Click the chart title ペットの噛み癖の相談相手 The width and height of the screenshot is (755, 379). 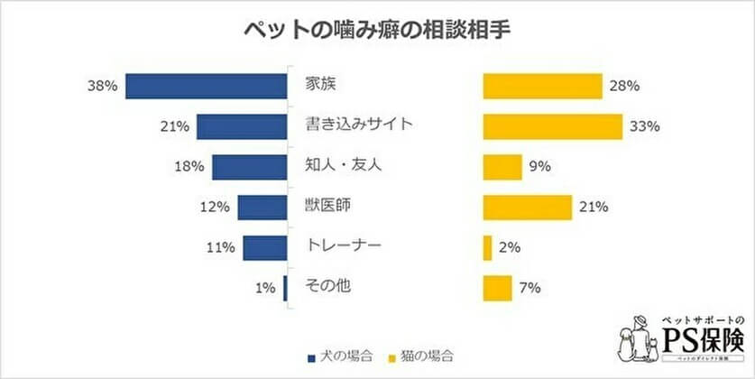[377, 29]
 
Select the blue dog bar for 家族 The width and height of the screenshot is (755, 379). [206, 87]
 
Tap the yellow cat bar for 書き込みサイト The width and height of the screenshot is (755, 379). [552, 127]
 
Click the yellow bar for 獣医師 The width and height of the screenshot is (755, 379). [527, 208]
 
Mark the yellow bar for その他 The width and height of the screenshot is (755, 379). [497, 288]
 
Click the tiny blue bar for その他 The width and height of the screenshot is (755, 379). [285, 288]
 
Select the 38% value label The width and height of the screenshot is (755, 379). [103, 87]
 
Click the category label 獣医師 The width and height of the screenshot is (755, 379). [326, 207]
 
